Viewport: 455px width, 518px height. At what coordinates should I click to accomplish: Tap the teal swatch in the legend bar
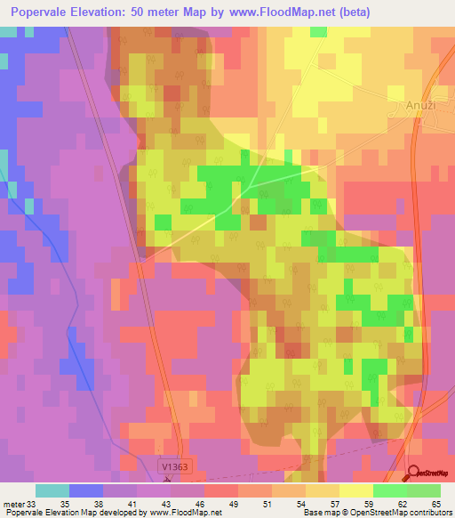(52, 490)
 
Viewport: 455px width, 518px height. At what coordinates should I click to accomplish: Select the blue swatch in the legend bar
(86, 490)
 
